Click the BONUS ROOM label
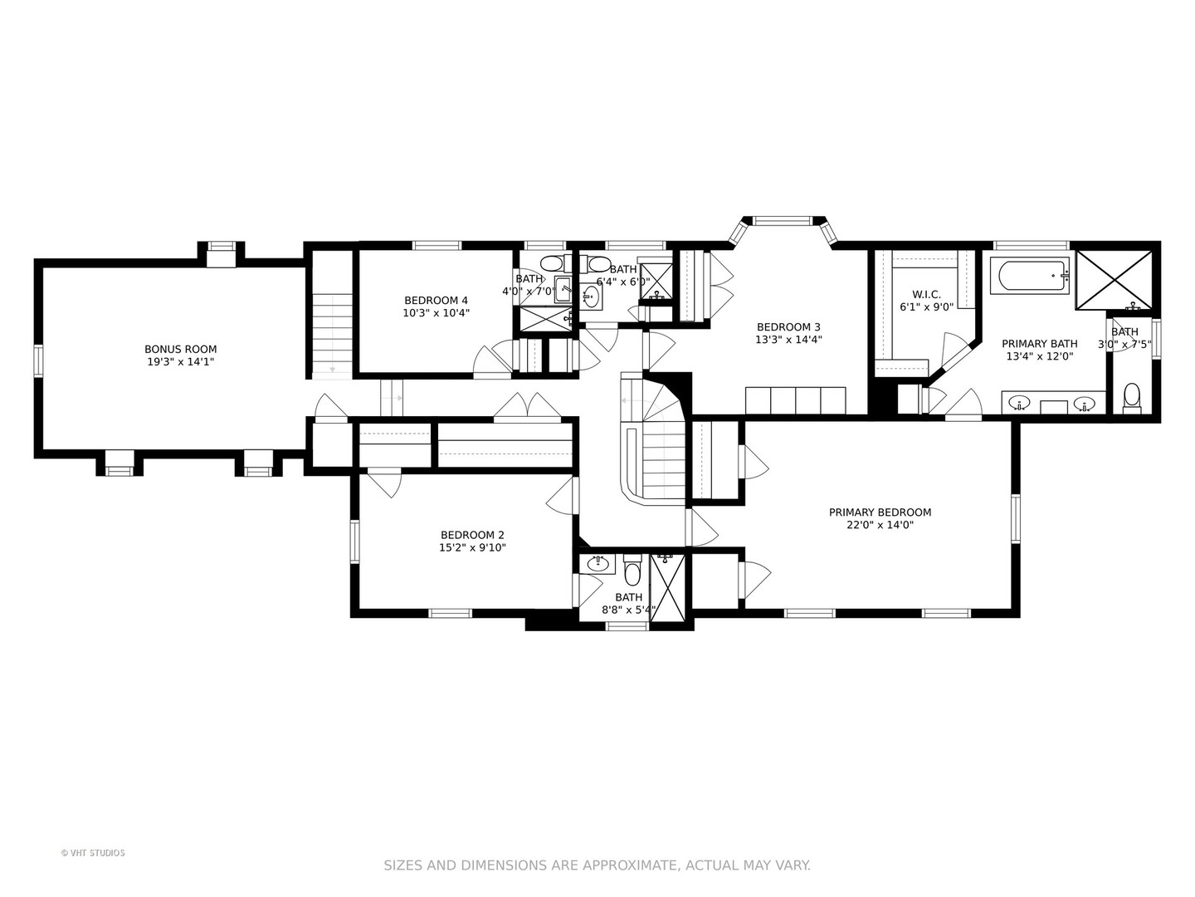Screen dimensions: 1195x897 tap(180, 349)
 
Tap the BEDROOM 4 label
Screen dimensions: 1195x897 tap(436, 300)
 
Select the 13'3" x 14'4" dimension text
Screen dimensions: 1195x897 tap(788, 340)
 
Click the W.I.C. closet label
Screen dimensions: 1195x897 tap(927, 294)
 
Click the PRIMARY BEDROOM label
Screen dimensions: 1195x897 tap(880, 512)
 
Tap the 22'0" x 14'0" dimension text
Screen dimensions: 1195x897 tap(880, 525)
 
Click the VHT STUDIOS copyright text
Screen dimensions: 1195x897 tap(93, 852)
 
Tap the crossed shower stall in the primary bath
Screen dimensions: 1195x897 tap(1114, 280)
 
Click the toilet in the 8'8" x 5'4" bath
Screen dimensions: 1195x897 tap(632, 570)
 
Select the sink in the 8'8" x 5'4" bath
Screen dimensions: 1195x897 tap(597, 564)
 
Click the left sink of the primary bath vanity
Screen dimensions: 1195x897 tap(1018, 404)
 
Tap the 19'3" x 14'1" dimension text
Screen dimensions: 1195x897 tap(180, 361)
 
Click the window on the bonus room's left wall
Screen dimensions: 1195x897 tap(38, 361)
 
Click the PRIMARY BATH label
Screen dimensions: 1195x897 tap(1039, 344)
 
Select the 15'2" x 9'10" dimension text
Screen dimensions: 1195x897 tap(472, 547)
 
